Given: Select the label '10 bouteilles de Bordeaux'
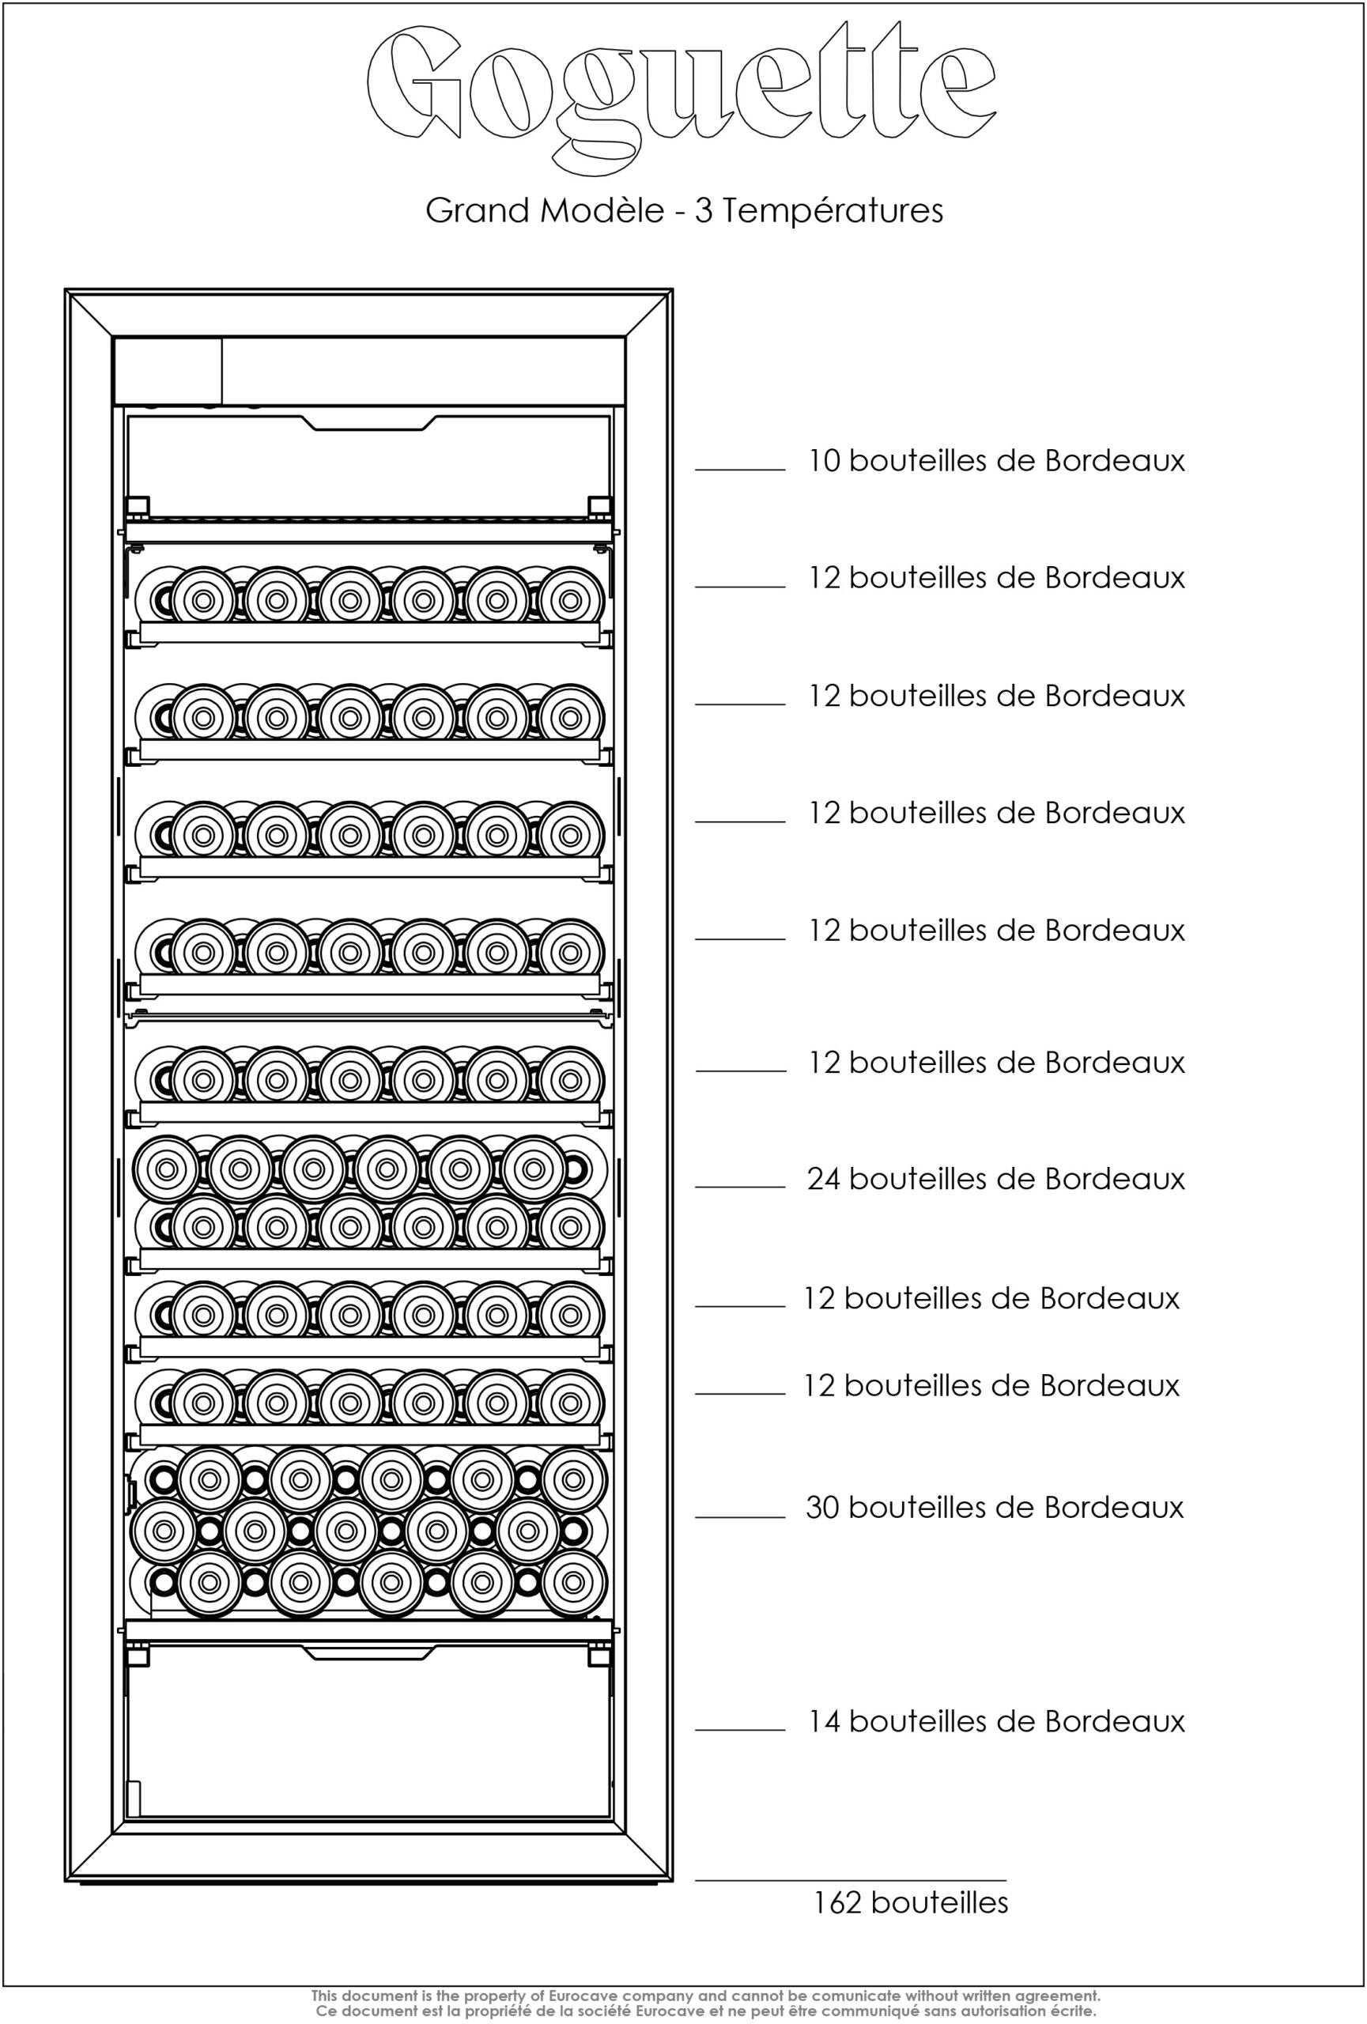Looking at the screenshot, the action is pyautogui.click(x=997, y=460).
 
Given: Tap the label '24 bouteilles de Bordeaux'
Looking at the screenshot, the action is pyautogui.click(x=996, y=1178).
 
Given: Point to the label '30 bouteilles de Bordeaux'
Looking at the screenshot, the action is pyautogui.click(x=995, y=1507).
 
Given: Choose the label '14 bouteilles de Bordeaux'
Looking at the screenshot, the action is pyautogui.click(x=997, y=1721).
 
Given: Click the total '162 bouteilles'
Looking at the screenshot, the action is pyautogui.click(x=911, y=1902).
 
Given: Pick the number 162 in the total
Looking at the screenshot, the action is pyautogui.click(x=837, y=1902).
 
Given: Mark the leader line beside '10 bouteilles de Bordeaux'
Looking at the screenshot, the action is pyautogui.click(x=740, y=470).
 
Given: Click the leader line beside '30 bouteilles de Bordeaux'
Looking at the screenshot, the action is pyautogui.click(x=740, y=1517).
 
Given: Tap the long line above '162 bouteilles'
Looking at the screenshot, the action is pyautogui.click(x=851, y=1880).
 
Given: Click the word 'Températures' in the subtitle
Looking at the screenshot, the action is pyautogui.click(x=833, y=211).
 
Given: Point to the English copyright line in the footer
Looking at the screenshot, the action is pyautogui.click(x=706, y=1996).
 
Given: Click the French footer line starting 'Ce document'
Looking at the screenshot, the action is pyautogui.click(x=706, y=2011).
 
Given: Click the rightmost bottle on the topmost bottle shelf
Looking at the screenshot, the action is pyautogui.click(x=571, y=599).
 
